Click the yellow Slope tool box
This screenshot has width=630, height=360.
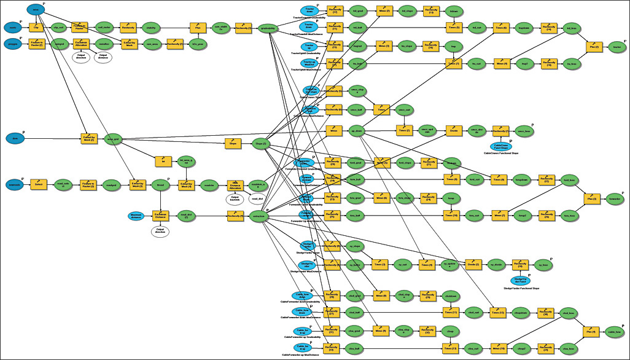[x=233, y=144]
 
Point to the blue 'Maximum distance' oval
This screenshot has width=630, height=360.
[x=140, y=216]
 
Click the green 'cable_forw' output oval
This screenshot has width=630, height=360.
[x=615, y=333]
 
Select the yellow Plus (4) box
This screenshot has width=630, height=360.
[x=589, y=332]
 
